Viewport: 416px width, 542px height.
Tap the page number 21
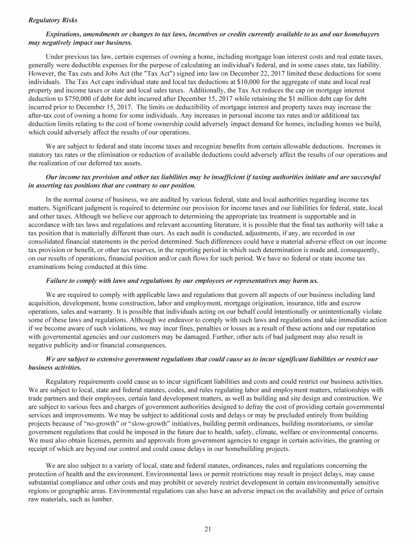207,530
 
